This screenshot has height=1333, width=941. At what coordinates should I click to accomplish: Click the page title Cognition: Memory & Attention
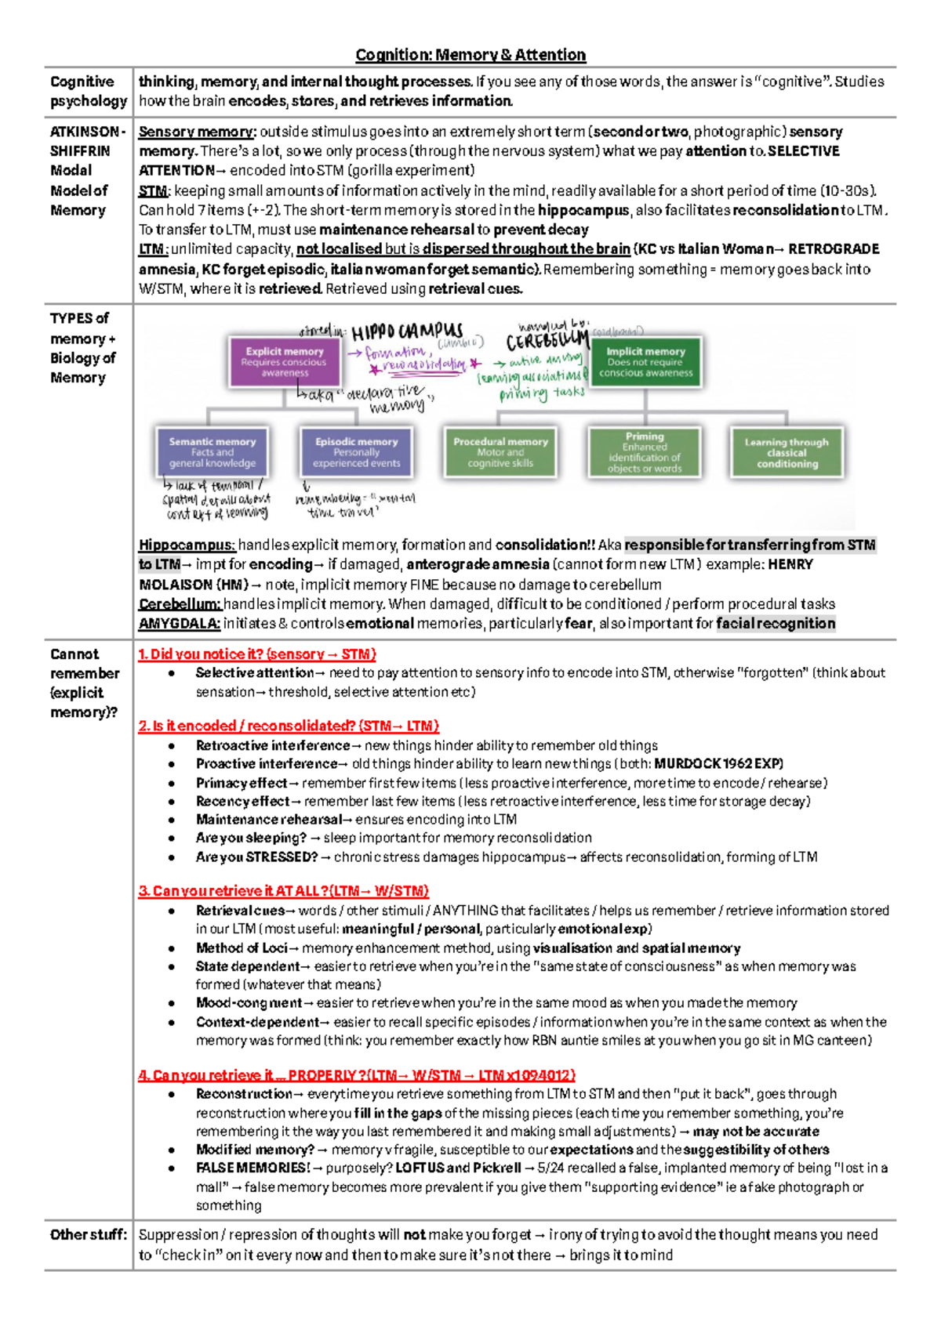pos(470,55)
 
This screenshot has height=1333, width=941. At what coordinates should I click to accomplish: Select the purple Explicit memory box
pos(285,361)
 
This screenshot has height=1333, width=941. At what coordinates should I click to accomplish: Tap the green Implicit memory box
pos(645,361)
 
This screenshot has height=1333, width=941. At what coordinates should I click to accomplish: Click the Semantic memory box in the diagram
pos(213,452)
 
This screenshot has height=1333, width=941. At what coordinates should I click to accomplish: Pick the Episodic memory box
pos(356,452)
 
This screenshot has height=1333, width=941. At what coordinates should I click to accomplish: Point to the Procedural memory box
pos(500,452)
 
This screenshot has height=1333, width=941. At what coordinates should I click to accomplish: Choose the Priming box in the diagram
pos(645,452)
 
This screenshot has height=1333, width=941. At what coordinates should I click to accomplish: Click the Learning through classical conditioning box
pos(787,452)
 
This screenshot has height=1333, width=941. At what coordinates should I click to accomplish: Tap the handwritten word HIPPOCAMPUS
pos(407,331)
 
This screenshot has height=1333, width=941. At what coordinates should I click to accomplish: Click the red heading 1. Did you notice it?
pos(257,654)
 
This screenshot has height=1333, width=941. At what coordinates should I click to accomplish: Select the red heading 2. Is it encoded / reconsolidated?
pos(289,726)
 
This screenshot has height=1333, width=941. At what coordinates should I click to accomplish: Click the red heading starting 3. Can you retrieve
pos(284,891)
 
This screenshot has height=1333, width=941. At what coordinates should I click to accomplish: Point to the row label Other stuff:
pos(88,1235)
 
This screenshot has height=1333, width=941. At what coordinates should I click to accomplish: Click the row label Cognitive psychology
pos(88,91)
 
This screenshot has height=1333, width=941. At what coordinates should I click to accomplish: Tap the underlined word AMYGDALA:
pos(179,624)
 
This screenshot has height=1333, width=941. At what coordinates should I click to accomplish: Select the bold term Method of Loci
pos(242,948)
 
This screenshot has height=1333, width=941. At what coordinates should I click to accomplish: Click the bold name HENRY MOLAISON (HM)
pos(186,585)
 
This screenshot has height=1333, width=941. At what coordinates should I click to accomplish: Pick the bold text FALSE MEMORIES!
pos(253,1168)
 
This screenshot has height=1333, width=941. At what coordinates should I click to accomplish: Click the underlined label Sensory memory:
pos(197,132)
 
